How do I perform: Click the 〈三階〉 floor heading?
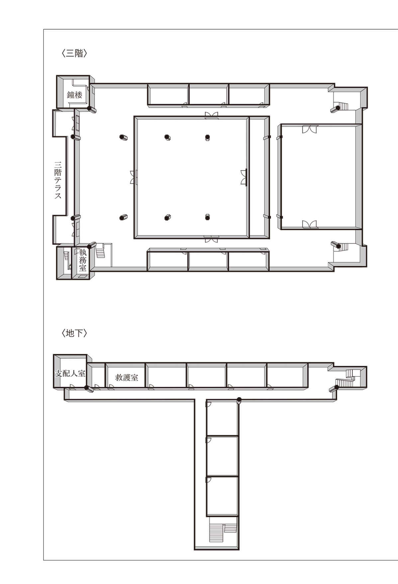tap(74, 53)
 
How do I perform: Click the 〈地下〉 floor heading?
tap(74, 333)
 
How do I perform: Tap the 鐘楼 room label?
tap(74, 95)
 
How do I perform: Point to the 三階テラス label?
tap(58, 180)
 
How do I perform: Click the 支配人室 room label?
tap(70, 373)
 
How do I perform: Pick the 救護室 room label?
tap(127, 377)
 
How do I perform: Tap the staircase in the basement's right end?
tap(347, 378)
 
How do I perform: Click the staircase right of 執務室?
tap(101, 251)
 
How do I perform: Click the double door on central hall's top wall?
tap(212, 115)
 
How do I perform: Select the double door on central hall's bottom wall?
tap(212, 239)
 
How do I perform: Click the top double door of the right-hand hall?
tap(310, 129)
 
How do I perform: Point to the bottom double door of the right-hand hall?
tap(310, 225)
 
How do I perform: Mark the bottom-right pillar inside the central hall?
tap(208, 217)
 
